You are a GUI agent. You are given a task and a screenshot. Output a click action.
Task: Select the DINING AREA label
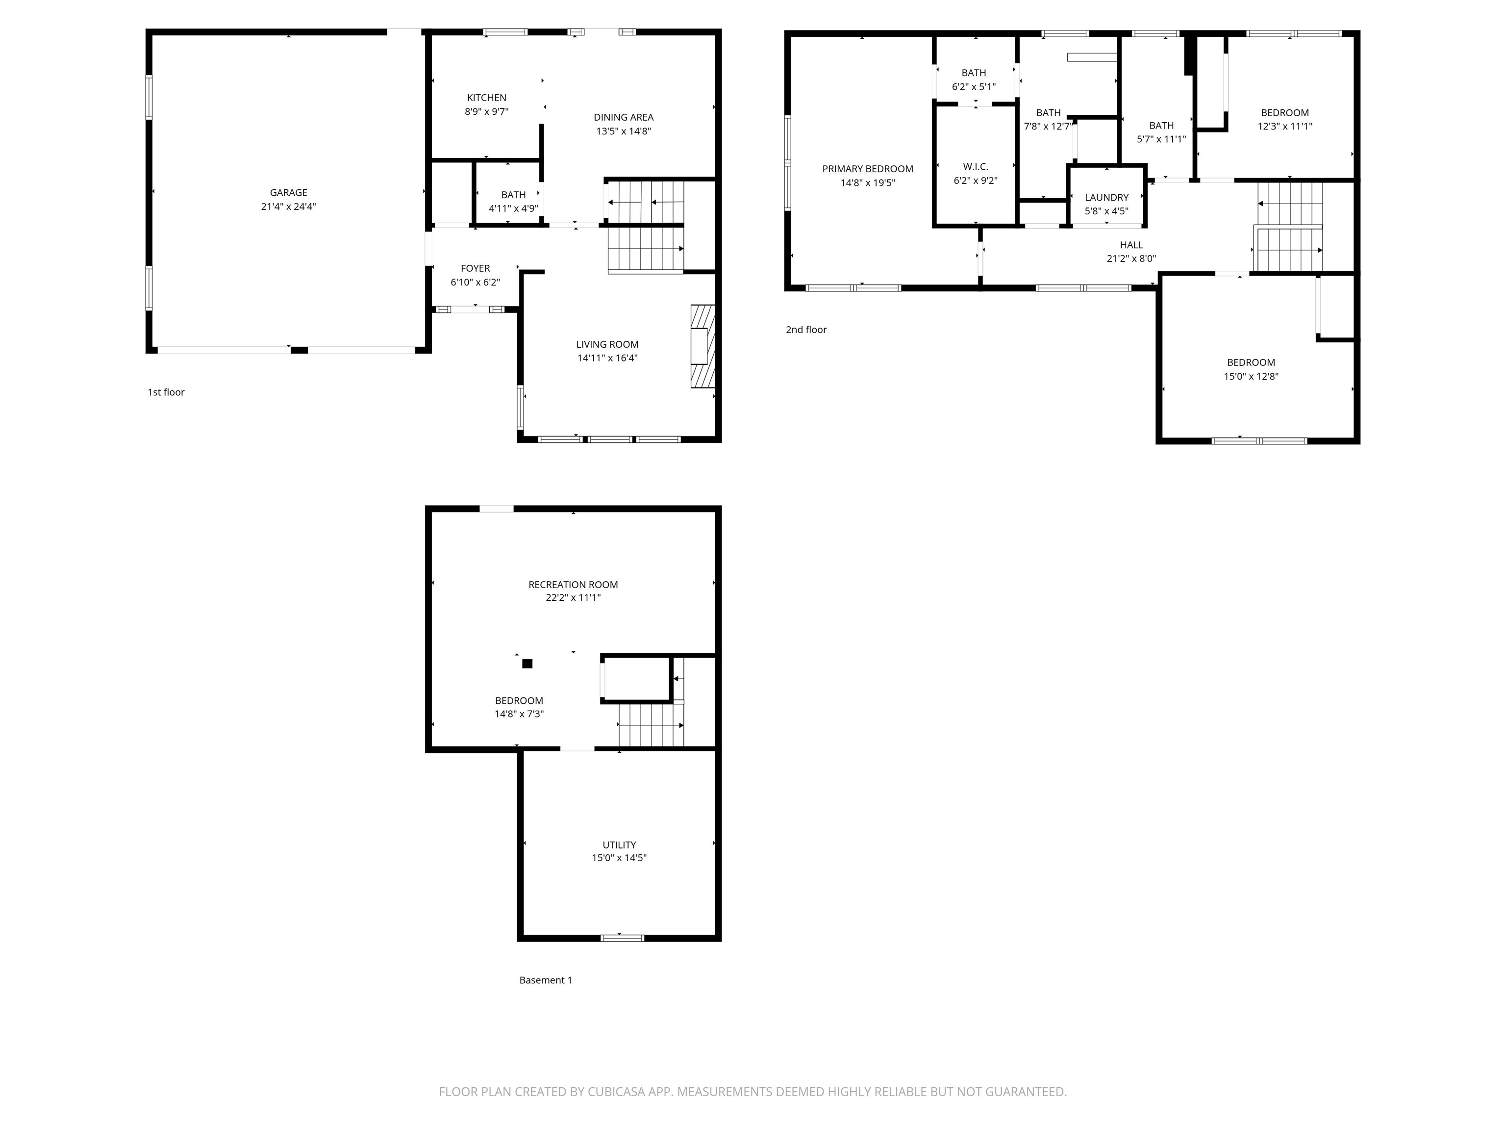pos(623,117)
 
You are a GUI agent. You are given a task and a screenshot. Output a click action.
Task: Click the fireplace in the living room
pos(703,346)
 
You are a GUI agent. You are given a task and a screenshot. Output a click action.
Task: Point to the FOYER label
pos(475,268)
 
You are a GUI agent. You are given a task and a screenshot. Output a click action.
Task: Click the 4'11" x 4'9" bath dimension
pos(513,209)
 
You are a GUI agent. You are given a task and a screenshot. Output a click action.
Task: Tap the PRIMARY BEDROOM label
pos(867,169)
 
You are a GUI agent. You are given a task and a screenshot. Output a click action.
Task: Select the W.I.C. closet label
pos(975,167)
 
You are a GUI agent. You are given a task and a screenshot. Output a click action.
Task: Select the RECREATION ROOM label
pos(573,585)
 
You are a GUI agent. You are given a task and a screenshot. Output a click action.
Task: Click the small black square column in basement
pos(527,664)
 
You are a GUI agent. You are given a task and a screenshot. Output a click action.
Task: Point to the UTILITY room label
pos(618,845)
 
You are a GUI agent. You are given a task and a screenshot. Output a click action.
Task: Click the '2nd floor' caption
pos(805,330)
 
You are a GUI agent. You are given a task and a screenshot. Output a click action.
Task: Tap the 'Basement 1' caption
pos(545,980)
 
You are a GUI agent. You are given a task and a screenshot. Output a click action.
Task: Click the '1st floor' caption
pos(166,392)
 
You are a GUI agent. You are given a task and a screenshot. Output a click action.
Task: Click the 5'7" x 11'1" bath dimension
pos(1161,139)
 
